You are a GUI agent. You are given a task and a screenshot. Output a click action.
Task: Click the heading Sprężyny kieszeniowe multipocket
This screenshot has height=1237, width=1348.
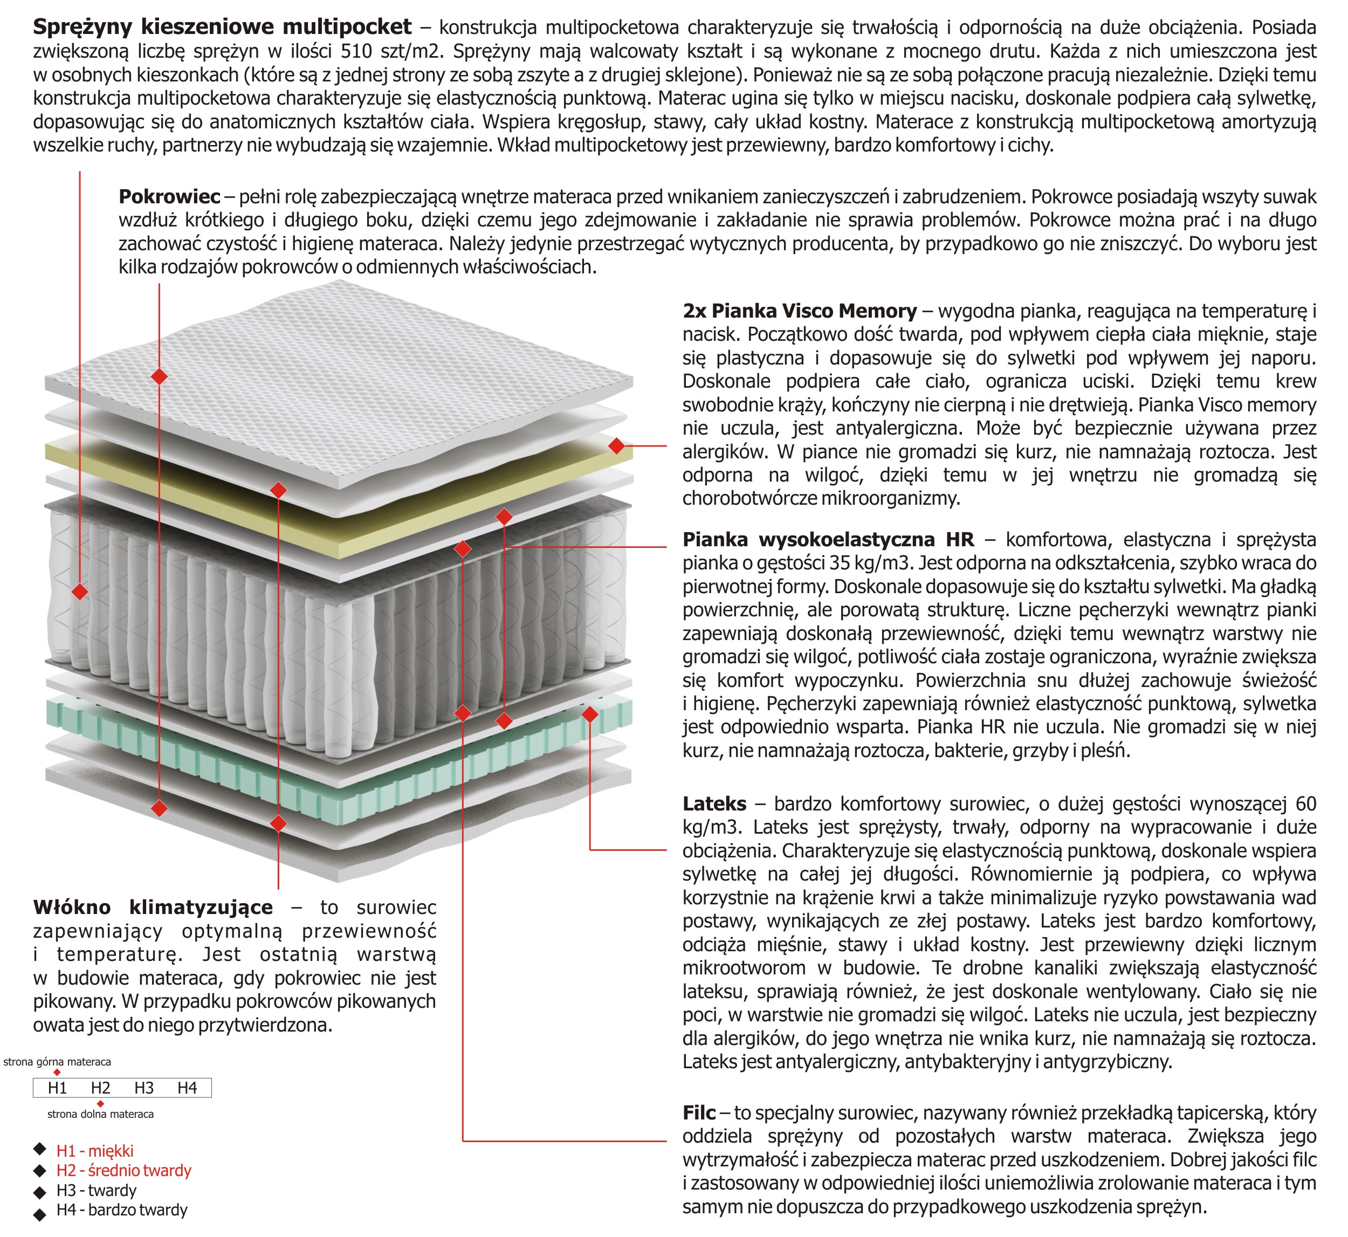coord(222,28)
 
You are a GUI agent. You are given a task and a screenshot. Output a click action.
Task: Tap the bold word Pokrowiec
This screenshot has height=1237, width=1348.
coord(169,197)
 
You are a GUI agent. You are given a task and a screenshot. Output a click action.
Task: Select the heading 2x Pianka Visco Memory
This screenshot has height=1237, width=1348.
coord(799,311)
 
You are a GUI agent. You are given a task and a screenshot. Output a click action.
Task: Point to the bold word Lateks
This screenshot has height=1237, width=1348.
coord(714,804)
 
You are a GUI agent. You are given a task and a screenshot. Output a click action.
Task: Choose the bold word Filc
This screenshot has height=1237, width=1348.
coord(699,1112)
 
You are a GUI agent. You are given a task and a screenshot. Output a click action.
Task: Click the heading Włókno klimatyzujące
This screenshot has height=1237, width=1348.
coord(153,908)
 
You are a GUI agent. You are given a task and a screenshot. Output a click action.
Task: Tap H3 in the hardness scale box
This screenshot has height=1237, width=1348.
coord(144,1088)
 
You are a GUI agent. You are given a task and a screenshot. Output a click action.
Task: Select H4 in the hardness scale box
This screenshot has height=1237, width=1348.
coord(188,1088)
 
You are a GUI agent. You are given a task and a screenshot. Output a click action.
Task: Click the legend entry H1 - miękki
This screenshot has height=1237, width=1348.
coord(94,1151)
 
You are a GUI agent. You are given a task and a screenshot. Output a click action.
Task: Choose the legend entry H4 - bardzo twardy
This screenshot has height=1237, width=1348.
coord(121,1209)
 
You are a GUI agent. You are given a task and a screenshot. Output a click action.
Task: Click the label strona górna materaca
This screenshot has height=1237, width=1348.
coord(57,1062)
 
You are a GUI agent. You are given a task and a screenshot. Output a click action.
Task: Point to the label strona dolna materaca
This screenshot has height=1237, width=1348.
coord(100,1114)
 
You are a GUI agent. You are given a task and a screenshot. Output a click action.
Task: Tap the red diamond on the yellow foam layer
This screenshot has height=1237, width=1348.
coord(616,445)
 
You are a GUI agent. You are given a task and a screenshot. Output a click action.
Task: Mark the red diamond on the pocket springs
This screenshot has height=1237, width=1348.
coord(80,592)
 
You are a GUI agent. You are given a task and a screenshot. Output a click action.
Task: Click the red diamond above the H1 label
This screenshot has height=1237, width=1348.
coord(57,1073)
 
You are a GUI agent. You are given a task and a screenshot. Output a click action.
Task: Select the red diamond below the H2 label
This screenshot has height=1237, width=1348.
coord(100,1103)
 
